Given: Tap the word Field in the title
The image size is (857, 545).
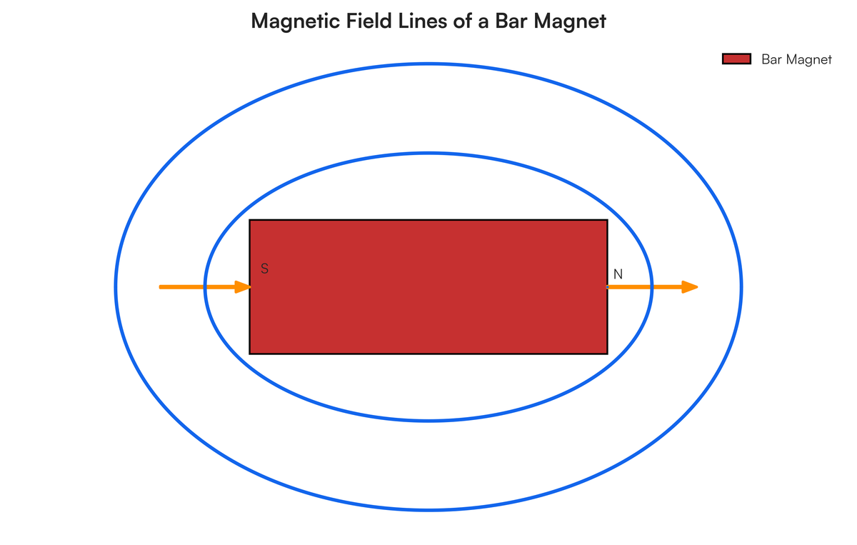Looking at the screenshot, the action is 369,21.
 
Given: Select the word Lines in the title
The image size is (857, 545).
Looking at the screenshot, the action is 423,21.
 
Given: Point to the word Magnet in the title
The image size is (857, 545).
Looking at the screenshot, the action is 570,21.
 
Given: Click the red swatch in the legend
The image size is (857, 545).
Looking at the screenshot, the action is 736,59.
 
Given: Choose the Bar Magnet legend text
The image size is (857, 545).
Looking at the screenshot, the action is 796,59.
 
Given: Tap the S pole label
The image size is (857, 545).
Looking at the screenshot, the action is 264,269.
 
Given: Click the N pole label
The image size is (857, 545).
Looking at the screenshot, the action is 618,274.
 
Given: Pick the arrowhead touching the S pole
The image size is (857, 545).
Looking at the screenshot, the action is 243,287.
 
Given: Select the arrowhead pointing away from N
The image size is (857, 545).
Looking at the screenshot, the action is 690,287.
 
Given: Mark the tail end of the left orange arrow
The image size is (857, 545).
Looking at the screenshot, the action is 160,287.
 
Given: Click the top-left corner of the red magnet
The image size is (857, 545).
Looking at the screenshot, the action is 249,220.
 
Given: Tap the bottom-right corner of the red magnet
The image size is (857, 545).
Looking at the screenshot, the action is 608,354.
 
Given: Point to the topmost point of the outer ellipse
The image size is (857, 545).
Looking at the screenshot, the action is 428,64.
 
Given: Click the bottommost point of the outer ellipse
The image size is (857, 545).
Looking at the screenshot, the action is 428,510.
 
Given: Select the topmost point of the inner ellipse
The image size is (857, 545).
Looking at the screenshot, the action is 428,154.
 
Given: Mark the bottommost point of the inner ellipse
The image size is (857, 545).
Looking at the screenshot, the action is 428,421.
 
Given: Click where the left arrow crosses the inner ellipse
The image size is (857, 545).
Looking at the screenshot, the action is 205,287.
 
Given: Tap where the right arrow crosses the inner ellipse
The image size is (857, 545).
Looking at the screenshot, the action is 652,287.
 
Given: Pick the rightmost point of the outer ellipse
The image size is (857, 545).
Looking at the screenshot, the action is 741,287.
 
